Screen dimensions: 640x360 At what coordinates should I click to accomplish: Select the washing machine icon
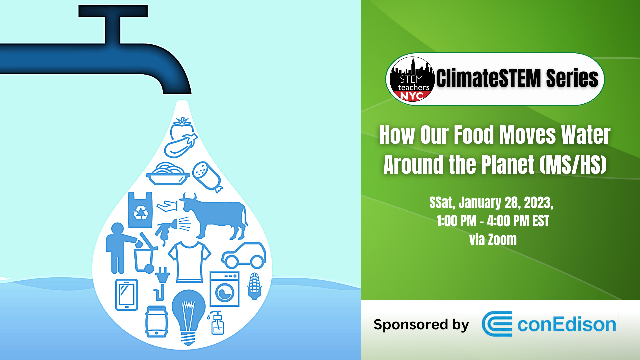tap(224, 289)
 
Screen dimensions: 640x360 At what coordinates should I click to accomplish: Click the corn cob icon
tap(254, 286)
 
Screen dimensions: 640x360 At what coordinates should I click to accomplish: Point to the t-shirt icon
tap(189, 262)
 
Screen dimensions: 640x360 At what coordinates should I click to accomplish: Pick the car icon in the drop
tap(244, 256)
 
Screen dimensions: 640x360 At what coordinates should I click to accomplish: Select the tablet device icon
tap(127, 295)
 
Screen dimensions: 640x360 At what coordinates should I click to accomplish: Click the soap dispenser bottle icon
tap(217, 322)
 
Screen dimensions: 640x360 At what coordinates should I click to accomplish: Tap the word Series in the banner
tap(572, 79)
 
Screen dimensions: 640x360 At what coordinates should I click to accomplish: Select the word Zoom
tap(502, 240)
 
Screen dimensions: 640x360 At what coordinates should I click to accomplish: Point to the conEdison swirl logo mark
tap(497, 324)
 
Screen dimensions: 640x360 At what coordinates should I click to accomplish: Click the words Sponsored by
tap(421, 325)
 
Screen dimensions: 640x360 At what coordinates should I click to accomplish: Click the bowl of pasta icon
tap(168, 174)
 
